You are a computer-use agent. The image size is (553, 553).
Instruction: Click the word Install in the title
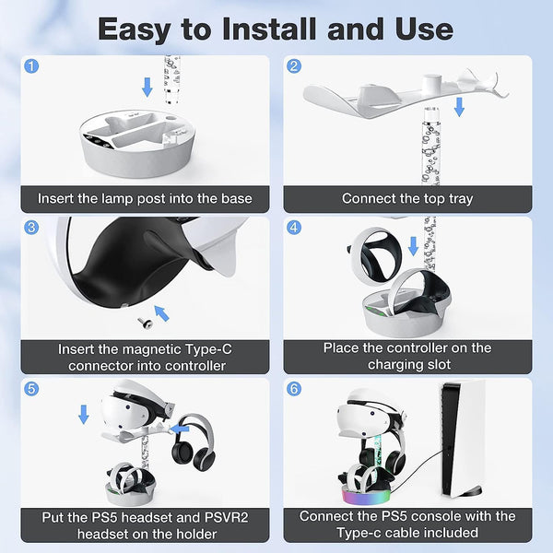(x=268, y=29)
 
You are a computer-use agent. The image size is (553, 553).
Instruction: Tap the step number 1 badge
(x=31, y=66)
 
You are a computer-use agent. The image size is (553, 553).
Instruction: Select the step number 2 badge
(x=294, y=66)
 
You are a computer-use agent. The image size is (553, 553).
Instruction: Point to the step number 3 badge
(x=31, y=228)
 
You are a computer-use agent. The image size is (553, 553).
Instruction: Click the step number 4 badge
(x=294, y=228)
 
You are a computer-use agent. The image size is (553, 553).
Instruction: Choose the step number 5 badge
(x=31, y=389)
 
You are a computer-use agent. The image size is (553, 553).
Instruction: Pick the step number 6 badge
(x=294, y=389)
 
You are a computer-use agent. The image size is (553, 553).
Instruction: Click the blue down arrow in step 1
(x=147, y=88)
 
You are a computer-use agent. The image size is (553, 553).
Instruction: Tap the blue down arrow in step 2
(x=459, y=107)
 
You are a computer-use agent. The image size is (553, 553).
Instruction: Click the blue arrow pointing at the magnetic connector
(x=162, y=313)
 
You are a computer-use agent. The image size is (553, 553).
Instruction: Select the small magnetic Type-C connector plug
(x=146, y=322)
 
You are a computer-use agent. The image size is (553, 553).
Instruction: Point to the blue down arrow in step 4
(x=413, y=246)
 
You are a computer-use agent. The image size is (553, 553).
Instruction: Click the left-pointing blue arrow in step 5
(x=180, y=429)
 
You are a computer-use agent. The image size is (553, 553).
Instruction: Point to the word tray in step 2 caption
(x=460, y=199)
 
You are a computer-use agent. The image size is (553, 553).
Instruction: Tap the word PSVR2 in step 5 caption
(x=227, y=517)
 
